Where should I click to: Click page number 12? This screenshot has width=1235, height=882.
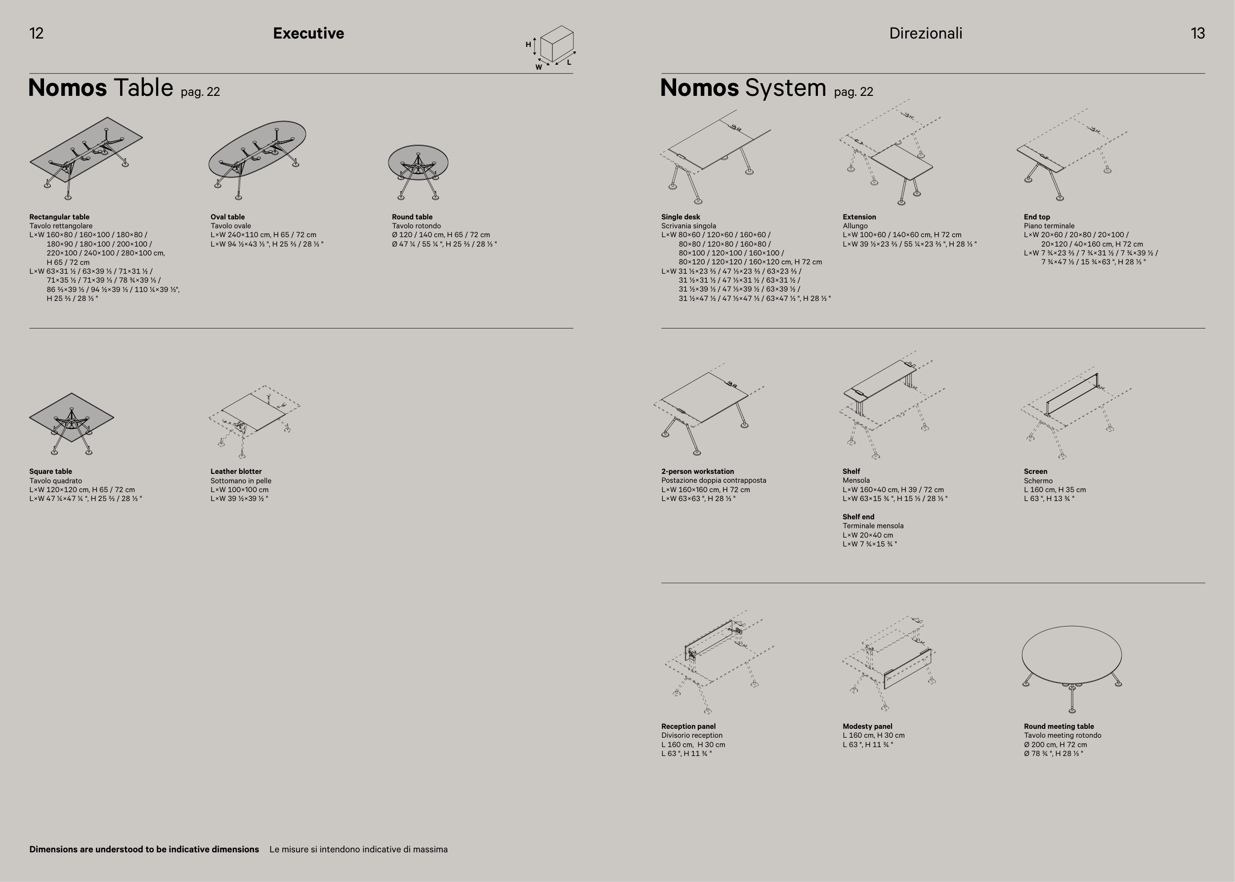37,34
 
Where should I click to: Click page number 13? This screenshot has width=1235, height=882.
1197,34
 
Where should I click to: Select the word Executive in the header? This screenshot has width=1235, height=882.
308,34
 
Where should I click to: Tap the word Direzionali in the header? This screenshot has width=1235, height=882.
926,34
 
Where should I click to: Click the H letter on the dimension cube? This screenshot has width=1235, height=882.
528,44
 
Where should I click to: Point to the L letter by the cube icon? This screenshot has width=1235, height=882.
569,62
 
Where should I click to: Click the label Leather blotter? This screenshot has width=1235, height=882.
236,471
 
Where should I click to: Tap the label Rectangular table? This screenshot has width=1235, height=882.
59,217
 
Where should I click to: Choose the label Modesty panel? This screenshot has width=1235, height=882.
867,726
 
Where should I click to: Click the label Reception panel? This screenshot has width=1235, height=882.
688,726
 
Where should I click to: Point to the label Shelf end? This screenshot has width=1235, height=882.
858,516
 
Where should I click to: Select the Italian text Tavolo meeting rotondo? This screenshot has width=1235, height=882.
1063,735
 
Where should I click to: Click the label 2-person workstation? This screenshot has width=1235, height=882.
697,471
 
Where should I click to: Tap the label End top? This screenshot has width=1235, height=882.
1037,217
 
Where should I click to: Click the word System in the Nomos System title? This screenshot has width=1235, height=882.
785,88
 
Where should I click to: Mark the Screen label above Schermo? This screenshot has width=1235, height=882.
1035,471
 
